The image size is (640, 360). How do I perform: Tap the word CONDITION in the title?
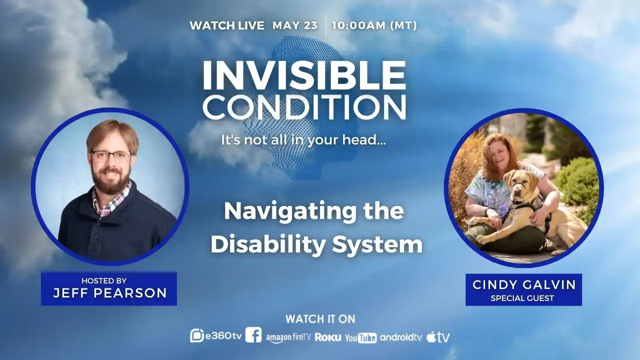pos(303,107)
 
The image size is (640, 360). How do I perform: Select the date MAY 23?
pos(295,25)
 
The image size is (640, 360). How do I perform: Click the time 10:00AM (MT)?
pos(374,25)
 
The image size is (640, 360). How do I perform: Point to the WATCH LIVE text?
pos(226,25)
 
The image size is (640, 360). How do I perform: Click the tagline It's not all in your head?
pos(303,140)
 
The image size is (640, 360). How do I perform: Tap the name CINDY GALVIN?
pos(523,285)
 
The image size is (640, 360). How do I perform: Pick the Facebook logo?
pos(253,335)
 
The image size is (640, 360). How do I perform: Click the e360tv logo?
pos(216,336)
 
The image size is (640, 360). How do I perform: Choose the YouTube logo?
pos(360,338)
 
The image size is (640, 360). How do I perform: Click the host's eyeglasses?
pos(110,156)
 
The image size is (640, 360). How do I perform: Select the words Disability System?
pos(316,245)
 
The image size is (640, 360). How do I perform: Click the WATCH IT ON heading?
pos(320,319)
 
